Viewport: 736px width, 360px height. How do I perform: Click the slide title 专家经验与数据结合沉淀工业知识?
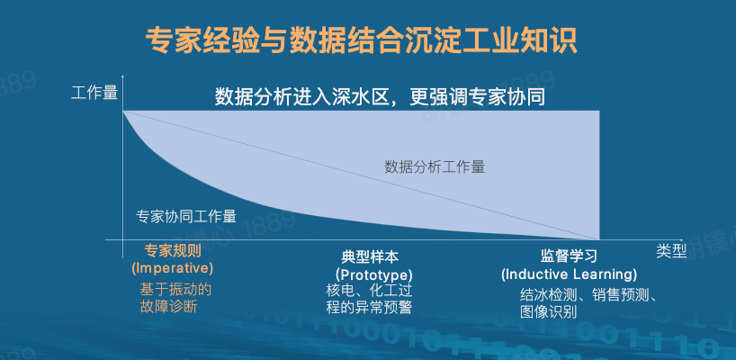pos(361,40)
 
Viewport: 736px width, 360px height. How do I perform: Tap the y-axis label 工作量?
pos(94,92)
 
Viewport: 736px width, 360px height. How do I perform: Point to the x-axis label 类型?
pos(671,251)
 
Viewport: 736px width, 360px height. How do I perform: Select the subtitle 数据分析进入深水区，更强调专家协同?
pos(380,97)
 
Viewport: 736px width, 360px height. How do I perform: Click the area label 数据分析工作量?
pos(435,166)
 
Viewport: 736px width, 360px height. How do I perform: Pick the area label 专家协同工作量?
pos(186,216)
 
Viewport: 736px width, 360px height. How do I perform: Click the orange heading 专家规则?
pos(172,251)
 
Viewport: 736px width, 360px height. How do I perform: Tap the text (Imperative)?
pos(172,268)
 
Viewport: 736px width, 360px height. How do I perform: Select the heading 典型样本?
pos(371,256)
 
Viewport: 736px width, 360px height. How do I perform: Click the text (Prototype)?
pos(373,274)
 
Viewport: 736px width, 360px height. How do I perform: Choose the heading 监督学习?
pos(569,256)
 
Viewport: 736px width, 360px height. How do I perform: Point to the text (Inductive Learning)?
pos(569,274)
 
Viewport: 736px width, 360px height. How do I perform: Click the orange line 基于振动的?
pos(175,290)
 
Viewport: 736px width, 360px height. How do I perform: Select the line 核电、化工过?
pos(370,290)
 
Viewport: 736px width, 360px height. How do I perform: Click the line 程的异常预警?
pos(370,307)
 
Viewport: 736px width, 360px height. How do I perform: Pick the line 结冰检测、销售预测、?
pos(591,295)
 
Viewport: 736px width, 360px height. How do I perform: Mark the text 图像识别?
pos(549,311)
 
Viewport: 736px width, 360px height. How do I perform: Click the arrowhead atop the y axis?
pos(122,76)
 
